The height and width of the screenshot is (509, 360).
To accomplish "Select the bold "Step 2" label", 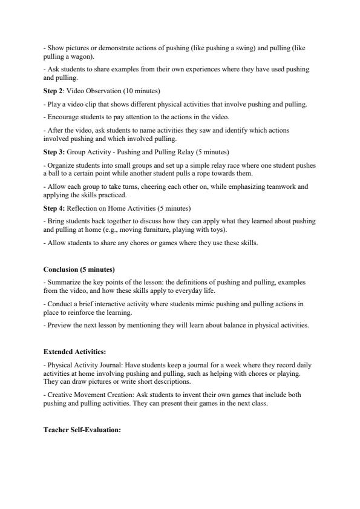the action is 54,91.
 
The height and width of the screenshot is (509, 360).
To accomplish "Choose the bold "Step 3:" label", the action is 55,151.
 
